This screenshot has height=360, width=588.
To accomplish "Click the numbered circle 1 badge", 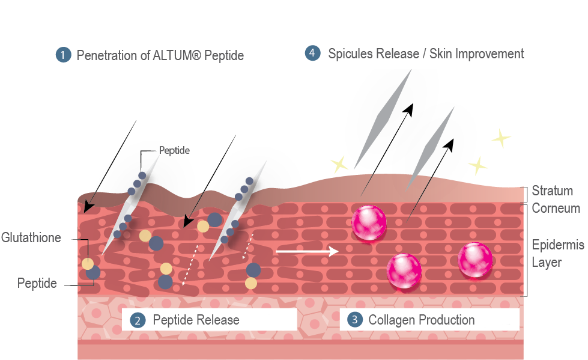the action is pos(64,55).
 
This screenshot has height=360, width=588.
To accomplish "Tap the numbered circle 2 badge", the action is pos(138,320).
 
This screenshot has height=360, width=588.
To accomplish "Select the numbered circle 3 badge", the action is pos(355,320).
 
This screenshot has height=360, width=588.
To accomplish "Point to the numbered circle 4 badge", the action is pos(312,53).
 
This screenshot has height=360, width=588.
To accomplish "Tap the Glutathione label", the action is pos(31,237).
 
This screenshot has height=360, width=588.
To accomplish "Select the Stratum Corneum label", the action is pos(556,200).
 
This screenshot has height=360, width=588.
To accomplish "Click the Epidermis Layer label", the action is pos(558,254).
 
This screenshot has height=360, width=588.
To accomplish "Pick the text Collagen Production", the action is pos(422,320).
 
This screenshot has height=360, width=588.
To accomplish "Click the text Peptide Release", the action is pos(196,320).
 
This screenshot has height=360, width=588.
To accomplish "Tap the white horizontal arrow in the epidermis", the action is pos(307,251).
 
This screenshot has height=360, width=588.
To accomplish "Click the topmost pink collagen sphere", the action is pos(369,222).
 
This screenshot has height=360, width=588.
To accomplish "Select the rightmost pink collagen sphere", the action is pos(475,260).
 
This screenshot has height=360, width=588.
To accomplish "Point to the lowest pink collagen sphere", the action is pos(404,271).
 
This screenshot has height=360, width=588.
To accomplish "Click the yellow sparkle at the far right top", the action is pos(501,138).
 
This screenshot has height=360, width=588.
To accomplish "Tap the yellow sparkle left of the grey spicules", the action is pos(339,165).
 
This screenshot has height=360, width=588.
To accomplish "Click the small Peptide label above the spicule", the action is pos(174,150).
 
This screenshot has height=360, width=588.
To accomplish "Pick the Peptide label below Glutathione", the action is pos(37,283).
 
